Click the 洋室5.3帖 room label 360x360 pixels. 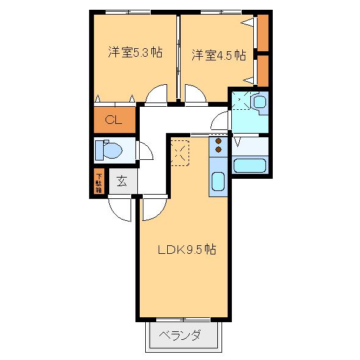click(x=135, y=53)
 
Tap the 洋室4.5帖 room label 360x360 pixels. click(x=218, y=56)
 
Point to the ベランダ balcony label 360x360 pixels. click(x=181, y=335)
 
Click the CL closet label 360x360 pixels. click(x=113, y=120)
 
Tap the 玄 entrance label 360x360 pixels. click(x=121, y=181)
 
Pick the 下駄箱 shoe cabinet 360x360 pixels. click(x=98, y=182)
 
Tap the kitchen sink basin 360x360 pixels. click(x=218, y=182)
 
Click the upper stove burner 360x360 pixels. click(x=218, y=141)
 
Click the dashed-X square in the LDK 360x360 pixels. click(x=181, y=153)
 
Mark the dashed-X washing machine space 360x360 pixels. click(x=242, y=101)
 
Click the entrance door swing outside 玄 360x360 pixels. click(x=121, y=209)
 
